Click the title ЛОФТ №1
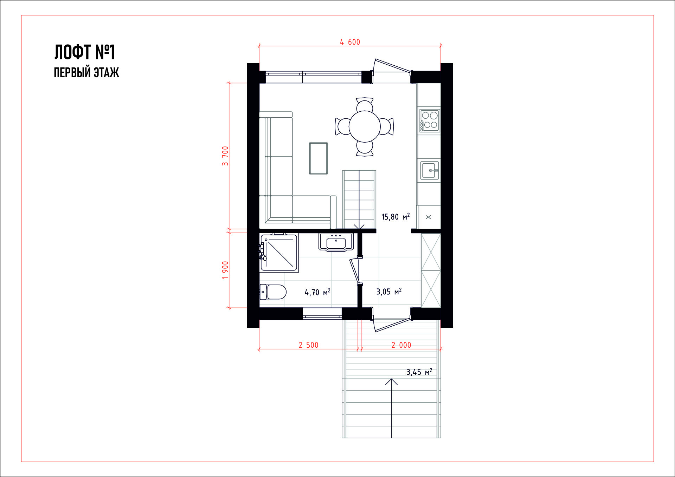85,52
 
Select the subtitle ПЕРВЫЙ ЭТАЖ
86,73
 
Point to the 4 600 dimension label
350,42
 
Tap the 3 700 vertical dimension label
225,156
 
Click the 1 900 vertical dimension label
225,270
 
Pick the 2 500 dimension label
308,345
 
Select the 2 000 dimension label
401,345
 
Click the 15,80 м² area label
396,217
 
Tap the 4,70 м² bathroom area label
317,292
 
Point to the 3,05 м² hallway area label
389,292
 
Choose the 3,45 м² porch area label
419,372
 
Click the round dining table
365,126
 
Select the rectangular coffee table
319,158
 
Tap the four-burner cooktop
430,120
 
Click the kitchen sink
430,171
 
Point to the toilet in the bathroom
273,292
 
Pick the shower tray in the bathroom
279,253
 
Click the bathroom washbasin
336,242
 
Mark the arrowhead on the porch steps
391,381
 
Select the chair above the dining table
365,105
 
